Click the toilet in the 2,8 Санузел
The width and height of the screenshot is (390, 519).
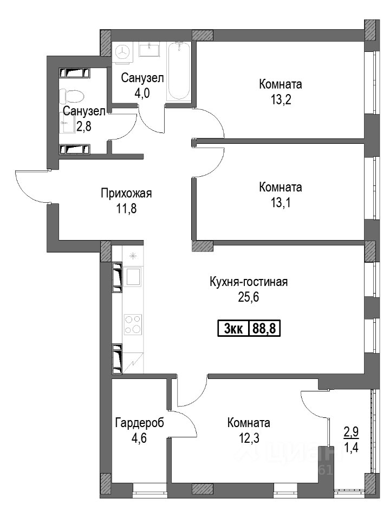click(x=72, y=95)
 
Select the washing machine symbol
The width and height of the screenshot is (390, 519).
click(x=123, y=52)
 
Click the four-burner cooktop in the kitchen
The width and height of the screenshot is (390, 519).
click(x=133, y=324)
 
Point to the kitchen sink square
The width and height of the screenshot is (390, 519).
click(x=133, y=277)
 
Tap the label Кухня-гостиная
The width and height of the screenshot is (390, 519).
click(x=249, y=282)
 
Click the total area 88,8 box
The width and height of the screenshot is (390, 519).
click(x=264, y=329)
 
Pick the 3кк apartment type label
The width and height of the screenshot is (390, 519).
click(x=233, y=329)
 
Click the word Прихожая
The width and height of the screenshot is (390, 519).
click(x=126, y=193)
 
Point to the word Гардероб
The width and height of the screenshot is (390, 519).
click(x=140, y=423)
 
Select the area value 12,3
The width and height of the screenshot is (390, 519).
click(x=249, y=438)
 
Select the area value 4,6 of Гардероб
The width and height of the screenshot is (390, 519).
click(x=139, y=438)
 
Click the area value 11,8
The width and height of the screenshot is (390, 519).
click(x=126, y=209)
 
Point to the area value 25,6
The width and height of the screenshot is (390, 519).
click(x=249, y=297)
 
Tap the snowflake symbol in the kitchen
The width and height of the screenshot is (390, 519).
click(x=133, y=256)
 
